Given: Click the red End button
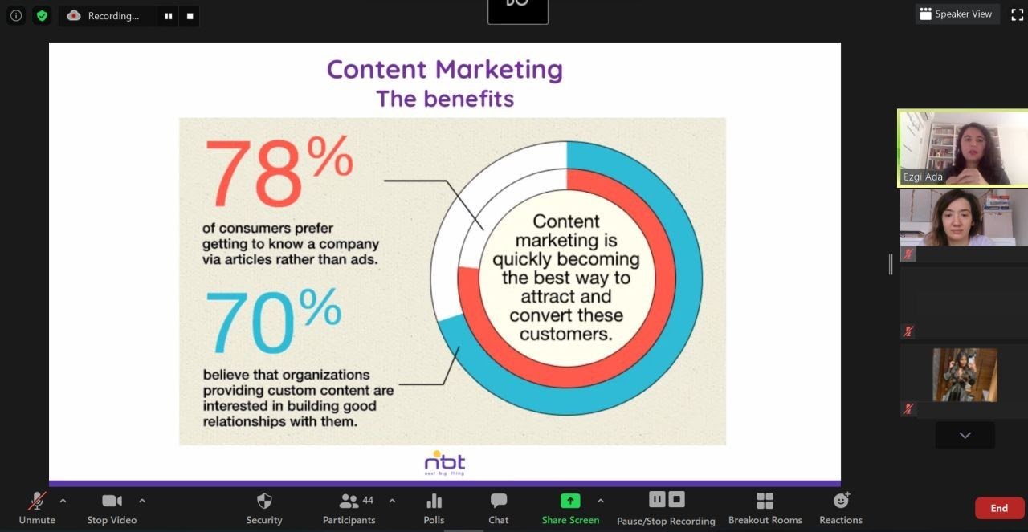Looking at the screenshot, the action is click(999, 508).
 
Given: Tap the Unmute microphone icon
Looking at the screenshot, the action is click(37, 501).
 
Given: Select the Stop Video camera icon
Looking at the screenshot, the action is click(112, 501).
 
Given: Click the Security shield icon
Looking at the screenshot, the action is click(264, 501).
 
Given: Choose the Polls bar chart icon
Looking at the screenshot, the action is click(434, 502).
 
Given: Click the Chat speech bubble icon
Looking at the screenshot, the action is click(499, 501).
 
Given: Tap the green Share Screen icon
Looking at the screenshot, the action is click(570, 501).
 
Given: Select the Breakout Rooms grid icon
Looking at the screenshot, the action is click(765, 501).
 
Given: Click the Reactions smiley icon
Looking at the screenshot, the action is click(841, 501).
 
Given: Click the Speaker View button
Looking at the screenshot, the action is click(957, 14).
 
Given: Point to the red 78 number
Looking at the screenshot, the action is click(254, 173).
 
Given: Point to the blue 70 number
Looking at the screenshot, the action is click(250, 322).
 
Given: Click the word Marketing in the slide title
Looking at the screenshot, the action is click(499, 70).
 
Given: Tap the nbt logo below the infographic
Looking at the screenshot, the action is click(445, 463).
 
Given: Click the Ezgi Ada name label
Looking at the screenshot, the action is click(923, 177).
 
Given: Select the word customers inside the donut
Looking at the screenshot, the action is click(566, 335).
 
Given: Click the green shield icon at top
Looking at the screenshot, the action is click(42, 16).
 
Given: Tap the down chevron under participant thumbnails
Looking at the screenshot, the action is click(965, 435).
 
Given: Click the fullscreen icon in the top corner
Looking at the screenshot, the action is click(1017, 14).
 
